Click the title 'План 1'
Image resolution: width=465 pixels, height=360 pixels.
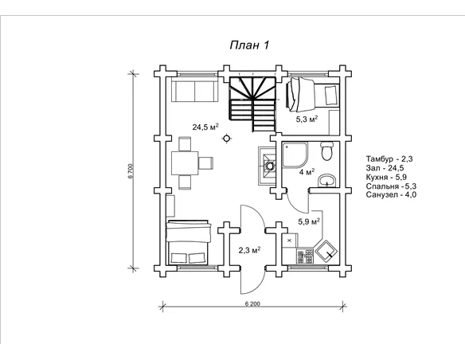250,45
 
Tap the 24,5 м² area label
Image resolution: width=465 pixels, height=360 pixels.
205,127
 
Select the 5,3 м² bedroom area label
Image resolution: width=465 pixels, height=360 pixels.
307,119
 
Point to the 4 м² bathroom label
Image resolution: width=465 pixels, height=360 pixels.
307,172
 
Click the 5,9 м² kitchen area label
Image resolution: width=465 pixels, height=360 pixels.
309,221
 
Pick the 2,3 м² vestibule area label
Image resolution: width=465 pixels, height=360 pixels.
250,250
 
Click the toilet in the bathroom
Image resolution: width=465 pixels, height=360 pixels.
327,151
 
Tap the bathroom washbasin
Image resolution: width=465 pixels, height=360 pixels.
326,181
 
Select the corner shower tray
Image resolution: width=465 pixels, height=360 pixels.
295,155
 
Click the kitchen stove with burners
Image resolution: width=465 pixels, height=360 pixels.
305,256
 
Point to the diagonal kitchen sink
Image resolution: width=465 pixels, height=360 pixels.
326,251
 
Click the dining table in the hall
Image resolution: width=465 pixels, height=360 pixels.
185,162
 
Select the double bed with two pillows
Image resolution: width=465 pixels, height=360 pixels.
189,242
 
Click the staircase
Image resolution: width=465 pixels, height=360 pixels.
252,104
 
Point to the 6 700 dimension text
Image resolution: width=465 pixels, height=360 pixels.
131,170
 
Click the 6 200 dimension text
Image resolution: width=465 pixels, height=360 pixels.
252,303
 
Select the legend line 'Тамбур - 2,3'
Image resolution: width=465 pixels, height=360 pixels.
389,159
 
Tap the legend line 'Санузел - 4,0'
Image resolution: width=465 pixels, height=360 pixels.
391,195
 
